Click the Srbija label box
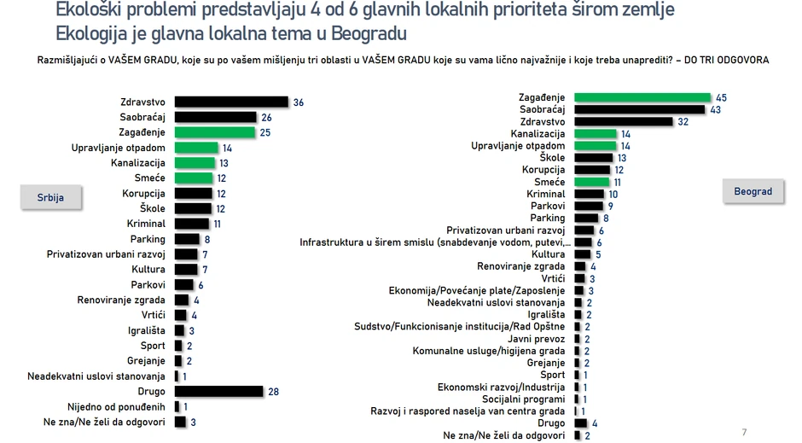pyautogui.click(x=50, y=197)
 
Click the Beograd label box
pyautogui.click(x=753, y=191)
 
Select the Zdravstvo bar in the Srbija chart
pyautogui.click(x=231, y=102)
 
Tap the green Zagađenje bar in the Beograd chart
pyautogui.click(x=642, y=97)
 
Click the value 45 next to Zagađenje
pyautogui.click(x=722, y=97)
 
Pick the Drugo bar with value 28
pyautogui.click(x=218, y=391)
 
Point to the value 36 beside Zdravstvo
pyautogui.click(x=298, y=102)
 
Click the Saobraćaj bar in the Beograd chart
pyautogui.click(x=639, y=109)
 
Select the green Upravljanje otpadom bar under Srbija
pyautogui.click(x=196, y=148)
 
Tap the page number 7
pyautogui.click(x=744, y=433)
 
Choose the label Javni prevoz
pyautogui.click(x=537, y=339)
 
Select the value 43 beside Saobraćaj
pyautogui.click(x=715, y=109)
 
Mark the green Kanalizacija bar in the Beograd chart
pyautogui.click(x=596, y=134)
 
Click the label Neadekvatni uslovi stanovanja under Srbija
pyautogui.click(x=96, y=376)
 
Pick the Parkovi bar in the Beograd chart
pyautogui.click(x=590, y=206)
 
